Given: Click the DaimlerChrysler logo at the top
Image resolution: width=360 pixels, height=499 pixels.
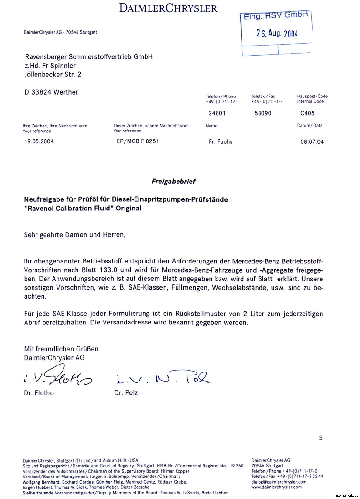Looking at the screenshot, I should [168, 8].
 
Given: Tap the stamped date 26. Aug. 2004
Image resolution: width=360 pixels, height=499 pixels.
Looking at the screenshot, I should [276, 33].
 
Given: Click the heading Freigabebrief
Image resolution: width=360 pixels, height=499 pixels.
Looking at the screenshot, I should [173, 182].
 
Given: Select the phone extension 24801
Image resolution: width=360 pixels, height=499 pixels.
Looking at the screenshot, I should [217, 113].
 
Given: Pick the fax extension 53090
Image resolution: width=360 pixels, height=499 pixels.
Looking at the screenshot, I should [263, 113].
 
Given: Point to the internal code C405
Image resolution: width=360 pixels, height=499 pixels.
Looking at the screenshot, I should [307, 113].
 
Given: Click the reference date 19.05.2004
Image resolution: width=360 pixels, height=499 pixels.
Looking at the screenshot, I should [39, 141].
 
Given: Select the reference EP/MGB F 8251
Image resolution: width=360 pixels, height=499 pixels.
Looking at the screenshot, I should [138, 141].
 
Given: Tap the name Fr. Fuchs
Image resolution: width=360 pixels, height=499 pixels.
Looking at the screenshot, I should [221, 142].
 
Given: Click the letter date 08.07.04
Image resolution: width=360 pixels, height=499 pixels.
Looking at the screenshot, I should [312, 142].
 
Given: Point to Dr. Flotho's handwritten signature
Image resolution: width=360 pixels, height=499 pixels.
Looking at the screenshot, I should [58, 377].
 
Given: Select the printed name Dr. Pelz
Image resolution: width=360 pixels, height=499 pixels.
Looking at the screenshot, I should [126, 393].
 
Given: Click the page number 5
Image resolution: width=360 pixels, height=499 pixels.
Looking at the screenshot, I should [321, 438].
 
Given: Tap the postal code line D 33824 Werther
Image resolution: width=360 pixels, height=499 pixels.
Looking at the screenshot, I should [51, 92].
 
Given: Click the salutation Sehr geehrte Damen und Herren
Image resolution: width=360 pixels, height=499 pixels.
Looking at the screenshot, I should [74, 235].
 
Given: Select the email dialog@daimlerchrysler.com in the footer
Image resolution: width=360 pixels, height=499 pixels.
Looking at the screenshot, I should [279, 482].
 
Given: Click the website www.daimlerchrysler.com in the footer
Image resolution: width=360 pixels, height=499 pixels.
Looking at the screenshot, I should [276, 487].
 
